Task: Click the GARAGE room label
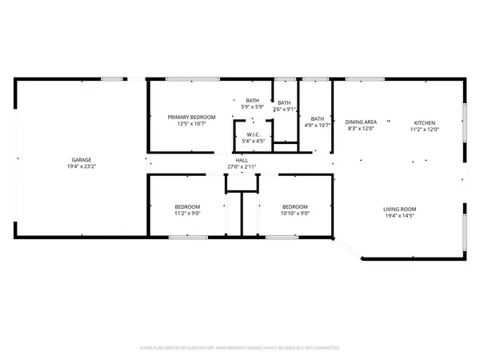(x=80, y=159)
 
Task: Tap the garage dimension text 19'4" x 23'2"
(x=80, y=166)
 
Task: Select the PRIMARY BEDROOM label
(x=191, y=118)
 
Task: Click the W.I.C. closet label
(x=252, y=134)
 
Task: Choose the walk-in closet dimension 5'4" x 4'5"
(x=252, y=142)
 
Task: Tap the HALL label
(x=242, y=160)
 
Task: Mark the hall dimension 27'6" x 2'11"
(x=242, y=166)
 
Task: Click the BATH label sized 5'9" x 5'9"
(x=253, y=100)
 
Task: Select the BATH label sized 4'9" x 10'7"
(x=318, y=118)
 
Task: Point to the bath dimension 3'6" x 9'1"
(x=284, y=110)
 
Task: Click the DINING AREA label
(x=360, y=122)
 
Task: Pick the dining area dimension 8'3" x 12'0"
(x=360, y=129)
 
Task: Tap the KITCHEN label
(x=425, y=122)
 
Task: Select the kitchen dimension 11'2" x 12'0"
(x=425, y=129)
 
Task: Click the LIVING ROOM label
(x=402, y=210)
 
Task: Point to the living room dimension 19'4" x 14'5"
(x=402, y=217)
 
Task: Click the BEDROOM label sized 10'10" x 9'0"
(x=295, y=207)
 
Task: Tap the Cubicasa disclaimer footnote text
(x=240, y=348)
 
